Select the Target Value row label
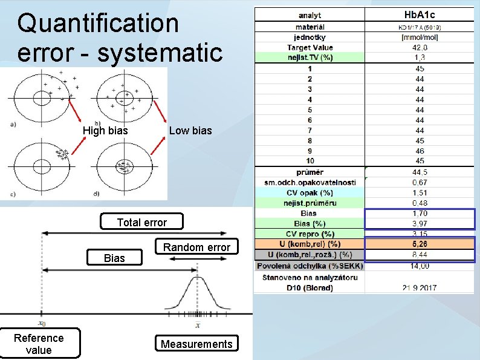pyautogui.click(x=310, y=47)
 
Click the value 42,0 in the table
pyautogui.click(x=420, y=47)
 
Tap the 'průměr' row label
pyautogui.click(x=310, y=172)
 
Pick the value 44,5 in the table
pyautogui.click(x=420, y=172)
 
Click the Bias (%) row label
pyautogui.click(x=310, y=223)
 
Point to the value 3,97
pyautogui.click(x=420, y=223)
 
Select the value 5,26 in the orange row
pyautogui.click(x=420, y=244)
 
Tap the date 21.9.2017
pyautogui.click(x=420, y=287)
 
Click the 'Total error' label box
pyautogui.click(x=141, y=223)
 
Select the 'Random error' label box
pyautogui.click(x=196, y=247)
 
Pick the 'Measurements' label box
pyautogui.click(x=196, y=344)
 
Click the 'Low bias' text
pyautogui.click(x=190, y=131)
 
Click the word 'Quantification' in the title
pyautogui.click(x=99, y=24)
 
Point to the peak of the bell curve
pyautogui.click(x=197, y=278)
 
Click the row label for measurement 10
pyautogui.click(x=310, y=161)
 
